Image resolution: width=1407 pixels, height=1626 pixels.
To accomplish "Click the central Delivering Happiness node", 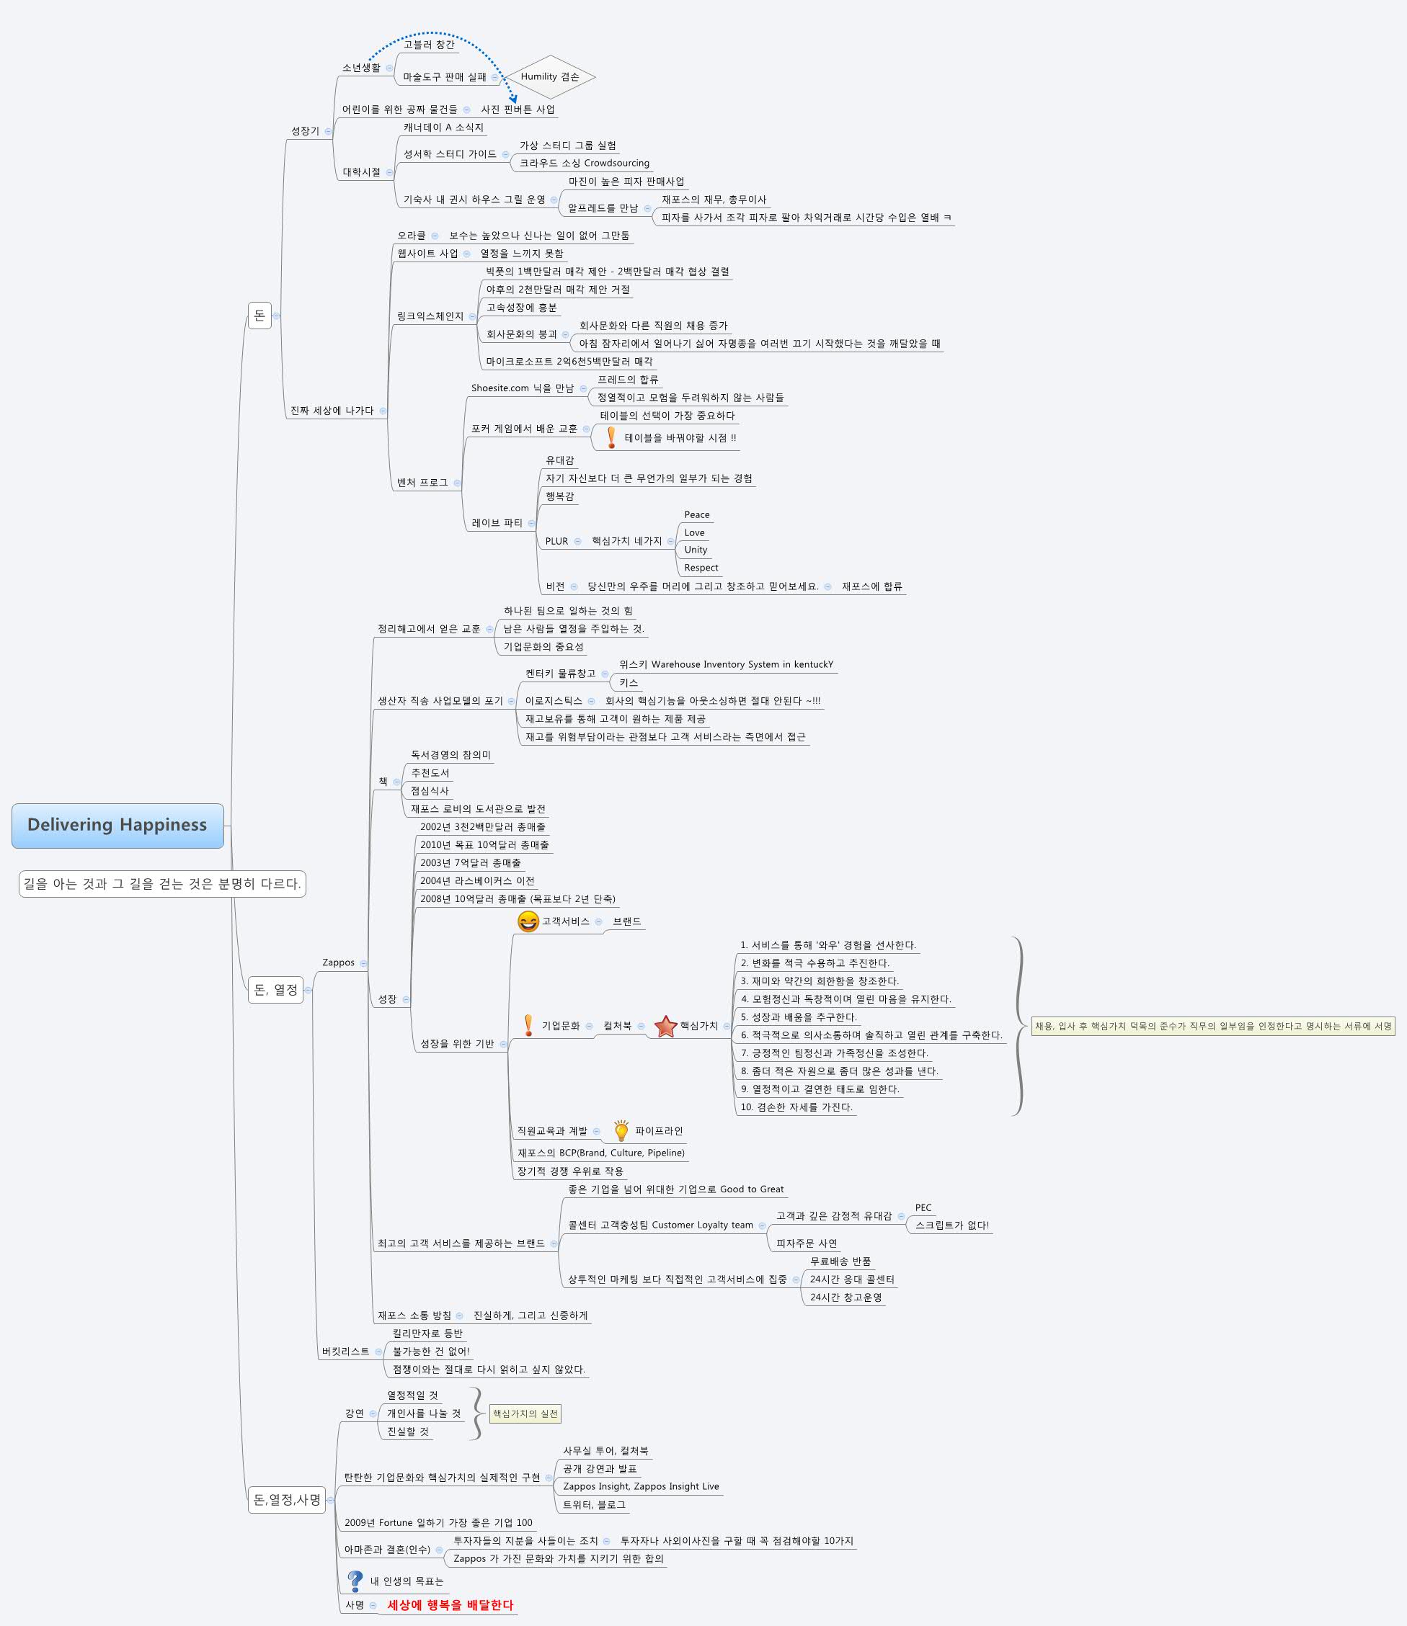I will [x=117, y=825].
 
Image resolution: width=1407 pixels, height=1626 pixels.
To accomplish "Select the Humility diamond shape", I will [x=549, y=77].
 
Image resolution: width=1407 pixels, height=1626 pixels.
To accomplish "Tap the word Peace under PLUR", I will [x=696, y=515].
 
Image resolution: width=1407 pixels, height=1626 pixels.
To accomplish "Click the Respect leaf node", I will [x=701, y=568].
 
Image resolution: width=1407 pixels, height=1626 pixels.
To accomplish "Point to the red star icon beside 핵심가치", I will [x=666, y=1026].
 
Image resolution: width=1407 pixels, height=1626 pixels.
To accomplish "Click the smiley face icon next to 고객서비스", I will [x=528, y=921].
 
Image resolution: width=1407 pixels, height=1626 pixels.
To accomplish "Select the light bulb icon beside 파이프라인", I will [x=621, y=1131].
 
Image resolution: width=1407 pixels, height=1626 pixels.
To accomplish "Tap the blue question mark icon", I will [x=355, y=1581].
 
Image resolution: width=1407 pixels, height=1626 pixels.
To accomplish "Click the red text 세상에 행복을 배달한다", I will [x=450, y=1605].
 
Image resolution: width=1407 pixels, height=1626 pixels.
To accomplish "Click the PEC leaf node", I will [x=923, y=1207].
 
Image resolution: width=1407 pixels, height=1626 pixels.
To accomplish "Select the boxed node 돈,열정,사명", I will [x=287, y=1500].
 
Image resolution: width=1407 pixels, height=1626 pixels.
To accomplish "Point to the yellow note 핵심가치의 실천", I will [x=525, y=1413].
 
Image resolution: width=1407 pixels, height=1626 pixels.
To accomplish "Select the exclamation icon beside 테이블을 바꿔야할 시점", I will [x=611, y=438].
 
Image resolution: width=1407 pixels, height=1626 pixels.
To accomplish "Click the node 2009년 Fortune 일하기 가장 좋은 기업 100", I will [x=438, y=1522].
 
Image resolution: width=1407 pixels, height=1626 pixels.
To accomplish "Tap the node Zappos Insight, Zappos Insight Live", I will [x=641, y=1486].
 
